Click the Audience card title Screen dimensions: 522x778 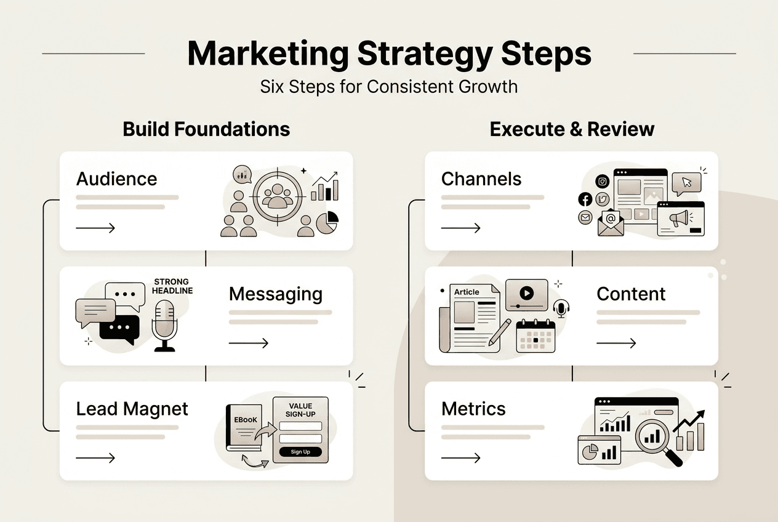116,179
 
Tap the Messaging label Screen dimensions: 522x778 275,294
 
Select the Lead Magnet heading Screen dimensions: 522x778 132,409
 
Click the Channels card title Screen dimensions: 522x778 481,179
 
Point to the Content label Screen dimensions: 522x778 631,294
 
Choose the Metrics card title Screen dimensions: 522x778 473,409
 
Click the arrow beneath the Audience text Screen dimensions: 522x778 95,228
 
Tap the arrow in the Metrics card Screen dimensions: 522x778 460,458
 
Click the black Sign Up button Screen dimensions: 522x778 300,452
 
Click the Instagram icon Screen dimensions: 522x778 602,181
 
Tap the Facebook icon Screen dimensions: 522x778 585,199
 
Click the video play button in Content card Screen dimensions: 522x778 526,293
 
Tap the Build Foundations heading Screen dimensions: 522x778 206,129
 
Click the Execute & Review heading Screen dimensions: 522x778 572,129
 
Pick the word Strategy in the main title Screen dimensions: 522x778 423,54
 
